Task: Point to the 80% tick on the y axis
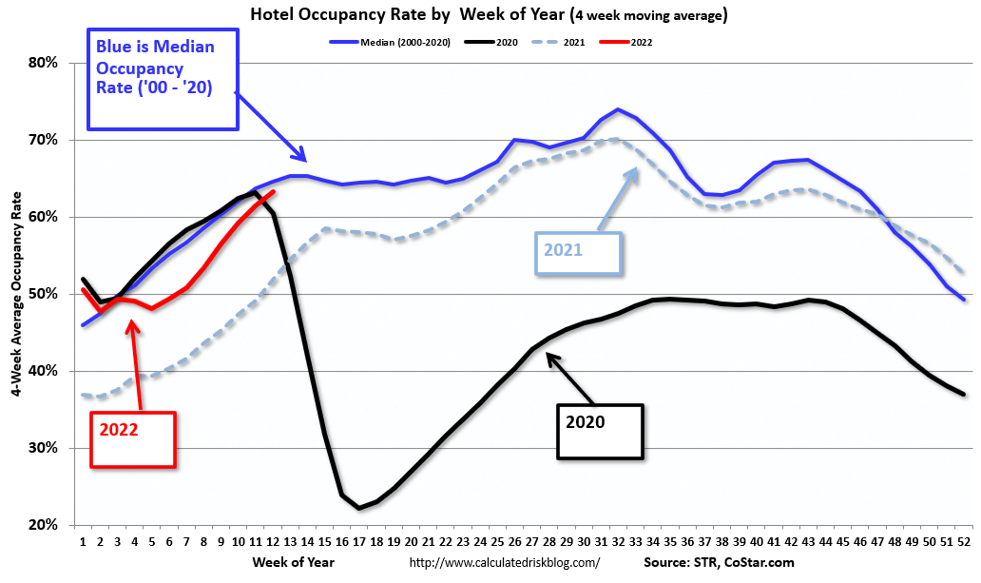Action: coord(45,63)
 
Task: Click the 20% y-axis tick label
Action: coord(45,525)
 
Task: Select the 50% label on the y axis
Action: coord(45,294)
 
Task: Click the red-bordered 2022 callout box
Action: coord(133,438)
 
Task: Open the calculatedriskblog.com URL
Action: coord(504,562)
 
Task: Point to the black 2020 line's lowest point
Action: coord(359,508)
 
